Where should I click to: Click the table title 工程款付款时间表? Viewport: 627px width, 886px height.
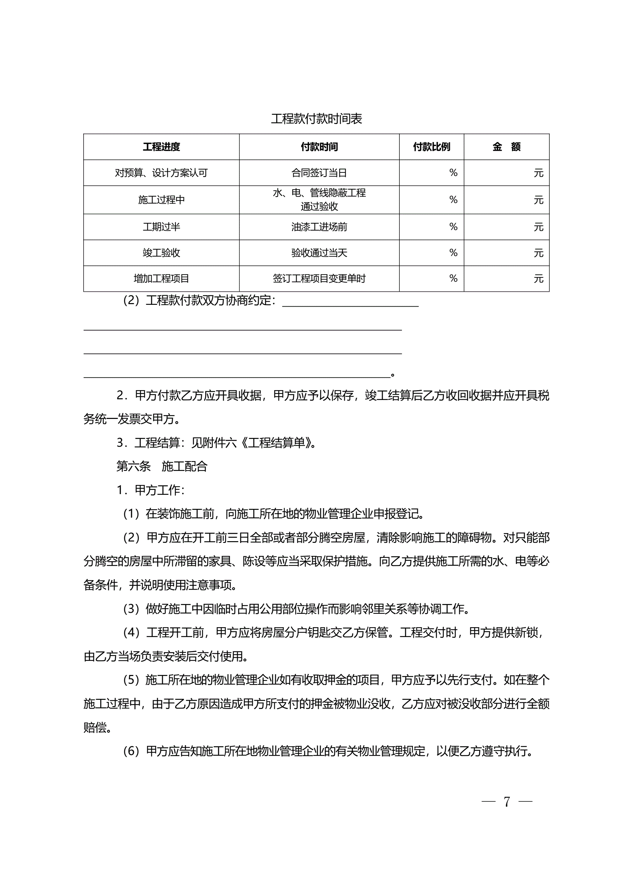[x=316, y=119]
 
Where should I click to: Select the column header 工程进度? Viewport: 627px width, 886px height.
[x=161, y=147]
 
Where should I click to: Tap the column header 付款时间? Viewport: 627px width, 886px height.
[x=319, y=147]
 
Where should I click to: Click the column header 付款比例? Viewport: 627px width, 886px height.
[x=431, y=147]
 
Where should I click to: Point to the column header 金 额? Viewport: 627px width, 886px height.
[x=506, y=147]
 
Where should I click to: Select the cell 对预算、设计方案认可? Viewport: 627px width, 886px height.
[x=161, y=173]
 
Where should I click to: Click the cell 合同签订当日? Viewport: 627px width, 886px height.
[x=319, y=173]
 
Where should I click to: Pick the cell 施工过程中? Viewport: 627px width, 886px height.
[x=161, y=200]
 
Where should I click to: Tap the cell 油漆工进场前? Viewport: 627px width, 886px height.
[x=319, y=227]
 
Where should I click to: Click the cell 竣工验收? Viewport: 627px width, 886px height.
[x=161, y=253]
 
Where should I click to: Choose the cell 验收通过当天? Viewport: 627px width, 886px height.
[x=319, y=253]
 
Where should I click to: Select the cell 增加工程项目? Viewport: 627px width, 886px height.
[x=161, y=278]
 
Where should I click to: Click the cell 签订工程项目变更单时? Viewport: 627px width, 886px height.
[x=319, y=278]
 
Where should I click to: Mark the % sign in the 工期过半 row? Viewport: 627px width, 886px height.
[x=453, y=227]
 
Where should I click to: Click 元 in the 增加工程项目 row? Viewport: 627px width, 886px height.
[x=538, y=278]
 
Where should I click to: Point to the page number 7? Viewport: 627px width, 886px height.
[x=507, y=802]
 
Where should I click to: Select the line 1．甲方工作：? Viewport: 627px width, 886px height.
[x=151, y=490]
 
